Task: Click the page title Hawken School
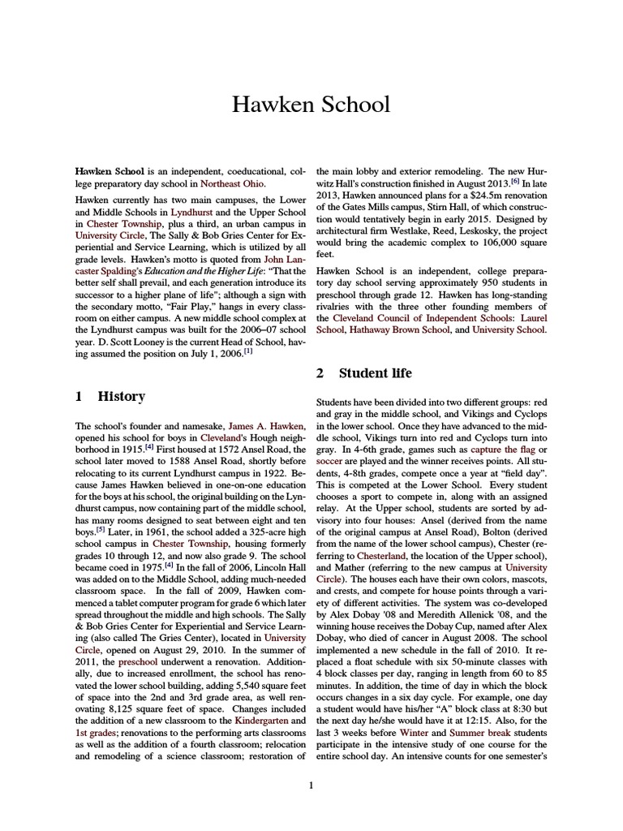[x=311, y=105]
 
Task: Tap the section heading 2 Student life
[x=363, y=373]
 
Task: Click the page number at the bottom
[x=311, y=785]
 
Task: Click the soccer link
[x=330, y=461]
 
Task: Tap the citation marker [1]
[x=247, y=351]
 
